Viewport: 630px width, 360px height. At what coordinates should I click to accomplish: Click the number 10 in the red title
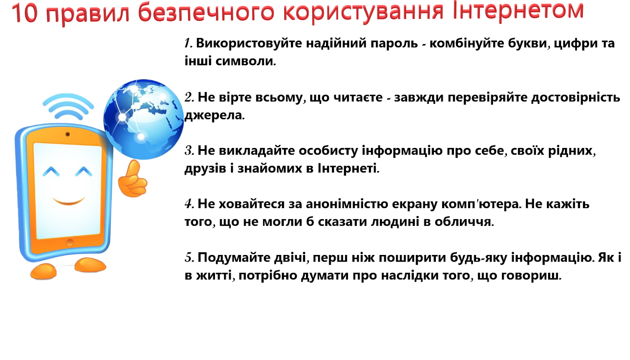pyautogui.click(x=24, y=13)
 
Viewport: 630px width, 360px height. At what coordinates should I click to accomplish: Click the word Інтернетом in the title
pyautogui.click(x=518, y=11)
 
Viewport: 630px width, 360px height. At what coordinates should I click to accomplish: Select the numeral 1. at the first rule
pyautogui.click(x=188, y=43)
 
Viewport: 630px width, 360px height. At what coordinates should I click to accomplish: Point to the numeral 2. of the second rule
pyautogui.click(x=189, y=97)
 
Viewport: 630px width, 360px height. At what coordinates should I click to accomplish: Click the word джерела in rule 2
pyautogui.click(x=214, y=115)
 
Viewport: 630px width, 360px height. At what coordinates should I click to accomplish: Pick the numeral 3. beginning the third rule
pyautogui.click(x=189, y=151)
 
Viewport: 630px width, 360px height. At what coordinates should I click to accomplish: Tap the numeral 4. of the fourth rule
pyautogui.click(x=189, y=204)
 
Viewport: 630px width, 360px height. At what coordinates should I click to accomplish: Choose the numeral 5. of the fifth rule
pyautogui.click(x=189, y=258)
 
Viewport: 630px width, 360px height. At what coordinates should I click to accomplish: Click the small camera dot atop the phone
pyautogui.click(x=67, y=135)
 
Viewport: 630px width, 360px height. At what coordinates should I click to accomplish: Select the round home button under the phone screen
pyautogui.click(x=70, y=243)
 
